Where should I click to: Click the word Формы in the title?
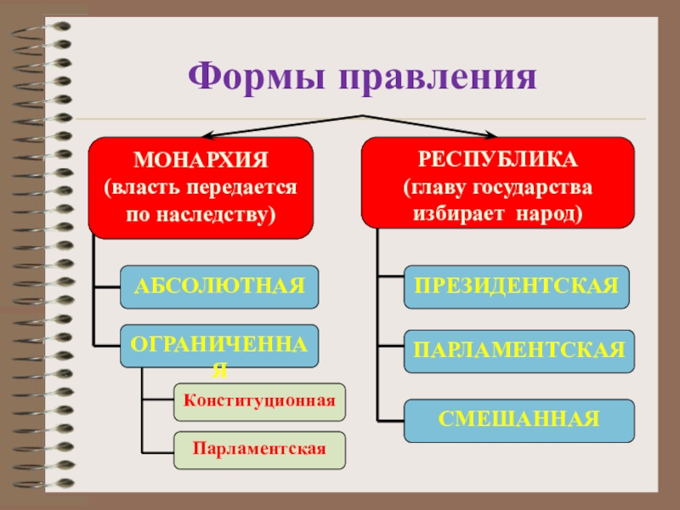(x=255, y=77)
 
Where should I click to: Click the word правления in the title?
(x=439, y=77)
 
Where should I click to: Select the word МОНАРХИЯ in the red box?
(x=201, y=160)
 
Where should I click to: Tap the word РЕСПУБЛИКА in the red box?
(x=498, y=159)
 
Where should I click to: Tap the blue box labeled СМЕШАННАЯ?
(x=518, y=420)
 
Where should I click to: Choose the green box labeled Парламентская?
(x=259, y=450)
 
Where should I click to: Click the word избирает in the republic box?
(x=459, y=212)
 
